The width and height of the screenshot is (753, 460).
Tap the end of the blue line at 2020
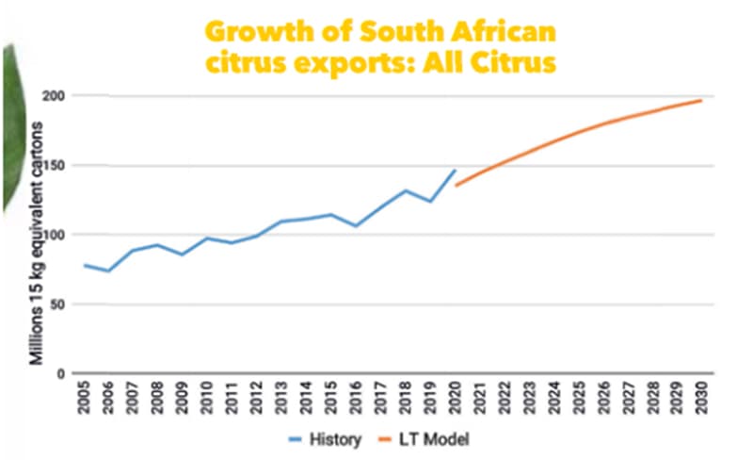click(x=455, y=171)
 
